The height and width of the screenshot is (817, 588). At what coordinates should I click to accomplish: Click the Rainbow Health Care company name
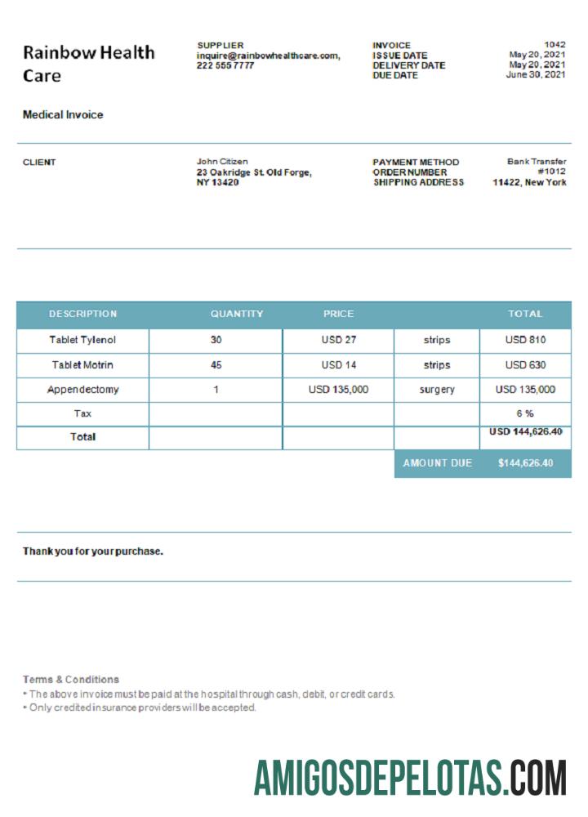click(88, 64)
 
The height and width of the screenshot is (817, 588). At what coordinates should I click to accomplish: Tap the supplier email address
click(268, 56)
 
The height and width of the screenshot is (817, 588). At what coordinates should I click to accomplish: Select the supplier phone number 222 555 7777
click(225, 65)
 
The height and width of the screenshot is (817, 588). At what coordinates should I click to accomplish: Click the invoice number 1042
click(555, 45)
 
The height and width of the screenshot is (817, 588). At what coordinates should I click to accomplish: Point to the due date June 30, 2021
click(536, 75)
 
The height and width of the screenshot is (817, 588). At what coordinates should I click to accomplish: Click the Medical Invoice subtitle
click(63, 115)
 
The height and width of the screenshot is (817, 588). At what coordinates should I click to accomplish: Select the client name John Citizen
click(222, 162)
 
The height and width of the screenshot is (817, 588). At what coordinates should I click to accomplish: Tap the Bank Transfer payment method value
click(537, 162)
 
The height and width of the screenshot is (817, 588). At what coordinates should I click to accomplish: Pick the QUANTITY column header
click(237, 314)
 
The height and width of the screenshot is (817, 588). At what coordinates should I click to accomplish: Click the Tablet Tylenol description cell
click(82, 340)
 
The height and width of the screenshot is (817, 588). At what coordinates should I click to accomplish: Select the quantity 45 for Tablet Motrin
click(216, 365)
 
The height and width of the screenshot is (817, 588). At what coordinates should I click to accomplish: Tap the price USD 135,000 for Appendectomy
click(338, 390)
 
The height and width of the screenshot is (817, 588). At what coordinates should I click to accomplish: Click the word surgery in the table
click(437, 390)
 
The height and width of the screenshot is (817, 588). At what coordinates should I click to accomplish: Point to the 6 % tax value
click(525, 413)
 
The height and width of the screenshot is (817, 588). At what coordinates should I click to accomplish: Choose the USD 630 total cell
click(525, 365)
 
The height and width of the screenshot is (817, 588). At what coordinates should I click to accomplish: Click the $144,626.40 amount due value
click(525, 463)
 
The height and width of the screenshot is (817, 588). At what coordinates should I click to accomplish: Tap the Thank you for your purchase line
click(92, 551)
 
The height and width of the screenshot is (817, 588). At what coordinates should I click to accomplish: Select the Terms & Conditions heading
click(71, 680)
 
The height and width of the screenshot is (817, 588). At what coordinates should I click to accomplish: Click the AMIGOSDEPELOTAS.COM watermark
click(410, 777)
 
